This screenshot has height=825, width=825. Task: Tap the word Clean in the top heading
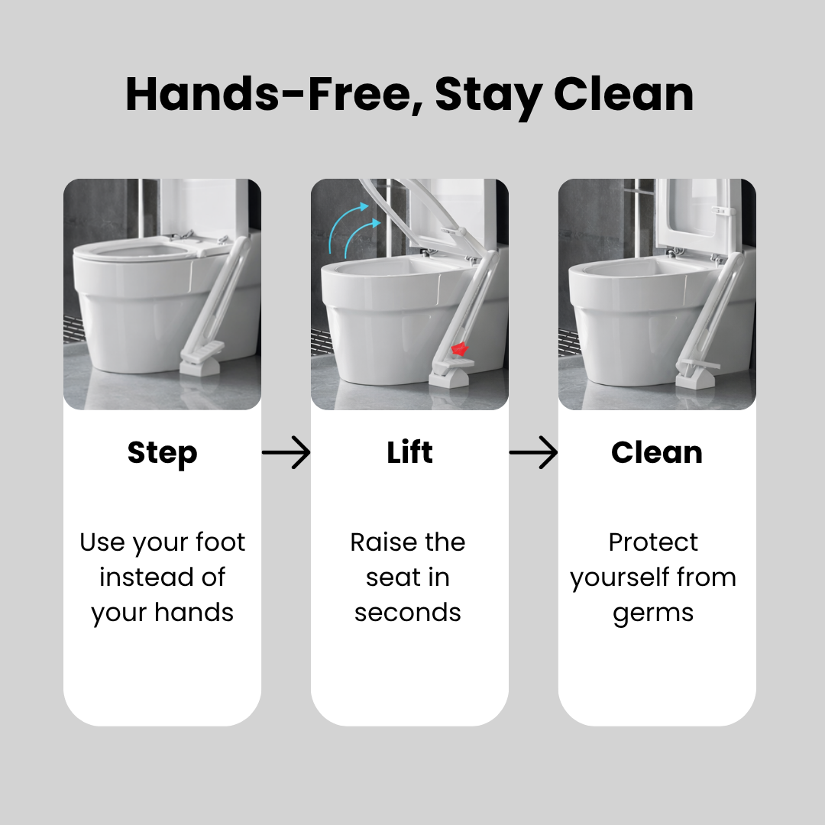(x=623, y=95)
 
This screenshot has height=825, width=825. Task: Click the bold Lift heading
(x=409, y=452)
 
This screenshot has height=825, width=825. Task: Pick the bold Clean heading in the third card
(x=657, y=452)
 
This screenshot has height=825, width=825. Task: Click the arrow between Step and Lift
(x=286, y=452)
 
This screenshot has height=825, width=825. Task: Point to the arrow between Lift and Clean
(x=533, y=452)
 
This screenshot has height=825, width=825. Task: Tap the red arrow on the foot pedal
(x=459, y=349)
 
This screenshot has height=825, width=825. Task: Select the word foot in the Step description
(x=220, y=542)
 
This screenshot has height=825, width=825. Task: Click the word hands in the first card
(x=193, y=613)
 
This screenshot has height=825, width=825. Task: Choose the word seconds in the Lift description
(x=408, y=613)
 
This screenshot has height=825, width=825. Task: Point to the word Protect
(x=653, y=542)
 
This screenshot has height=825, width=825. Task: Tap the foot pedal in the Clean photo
(x=697, y=372)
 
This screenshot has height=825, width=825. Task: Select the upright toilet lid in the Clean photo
(x=692, y=215)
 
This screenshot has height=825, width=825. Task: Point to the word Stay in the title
(x=490, y=96)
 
